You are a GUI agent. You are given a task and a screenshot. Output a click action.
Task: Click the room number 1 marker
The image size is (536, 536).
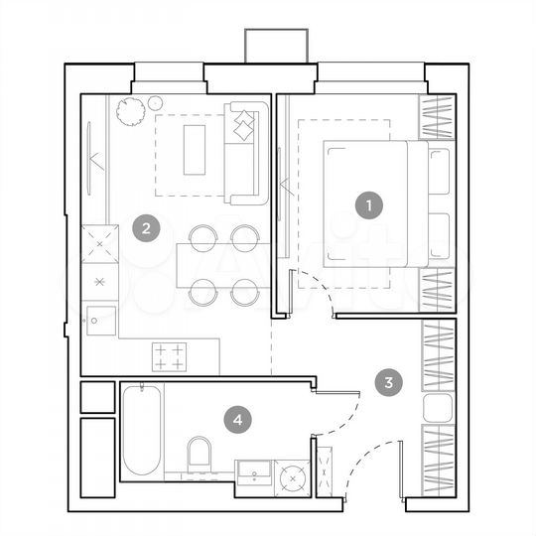pyautogui.click(x=368, y=206)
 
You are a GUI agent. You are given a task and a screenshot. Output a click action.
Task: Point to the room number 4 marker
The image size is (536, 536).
pyautogui.click(x=236, y=420)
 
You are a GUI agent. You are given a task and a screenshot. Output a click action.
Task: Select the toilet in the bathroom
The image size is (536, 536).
pyautogui.click(x=200, y=454)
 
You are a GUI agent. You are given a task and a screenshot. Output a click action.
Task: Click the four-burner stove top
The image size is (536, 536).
pyautogui.click(x=168, y=355)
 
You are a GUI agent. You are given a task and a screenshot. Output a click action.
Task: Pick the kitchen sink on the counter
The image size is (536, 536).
pyautogui.click(x=100, y=320)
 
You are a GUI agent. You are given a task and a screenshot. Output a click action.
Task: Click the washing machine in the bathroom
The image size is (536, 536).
pyautogui.click(x=293, y=477)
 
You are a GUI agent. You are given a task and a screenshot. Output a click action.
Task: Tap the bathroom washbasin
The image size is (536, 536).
pyautogui.click(x=254, y=474)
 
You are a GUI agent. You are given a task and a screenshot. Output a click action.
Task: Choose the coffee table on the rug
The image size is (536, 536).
pyautogui.click(x=194, y=149)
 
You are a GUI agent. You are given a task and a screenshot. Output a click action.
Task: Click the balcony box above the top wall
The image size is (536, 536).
pyautogui.click(x=278, y=46)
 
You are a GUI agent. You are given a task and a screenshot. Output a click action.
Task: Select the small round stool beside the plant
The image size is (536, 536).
pyautogui.click(x=155, y=101)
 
